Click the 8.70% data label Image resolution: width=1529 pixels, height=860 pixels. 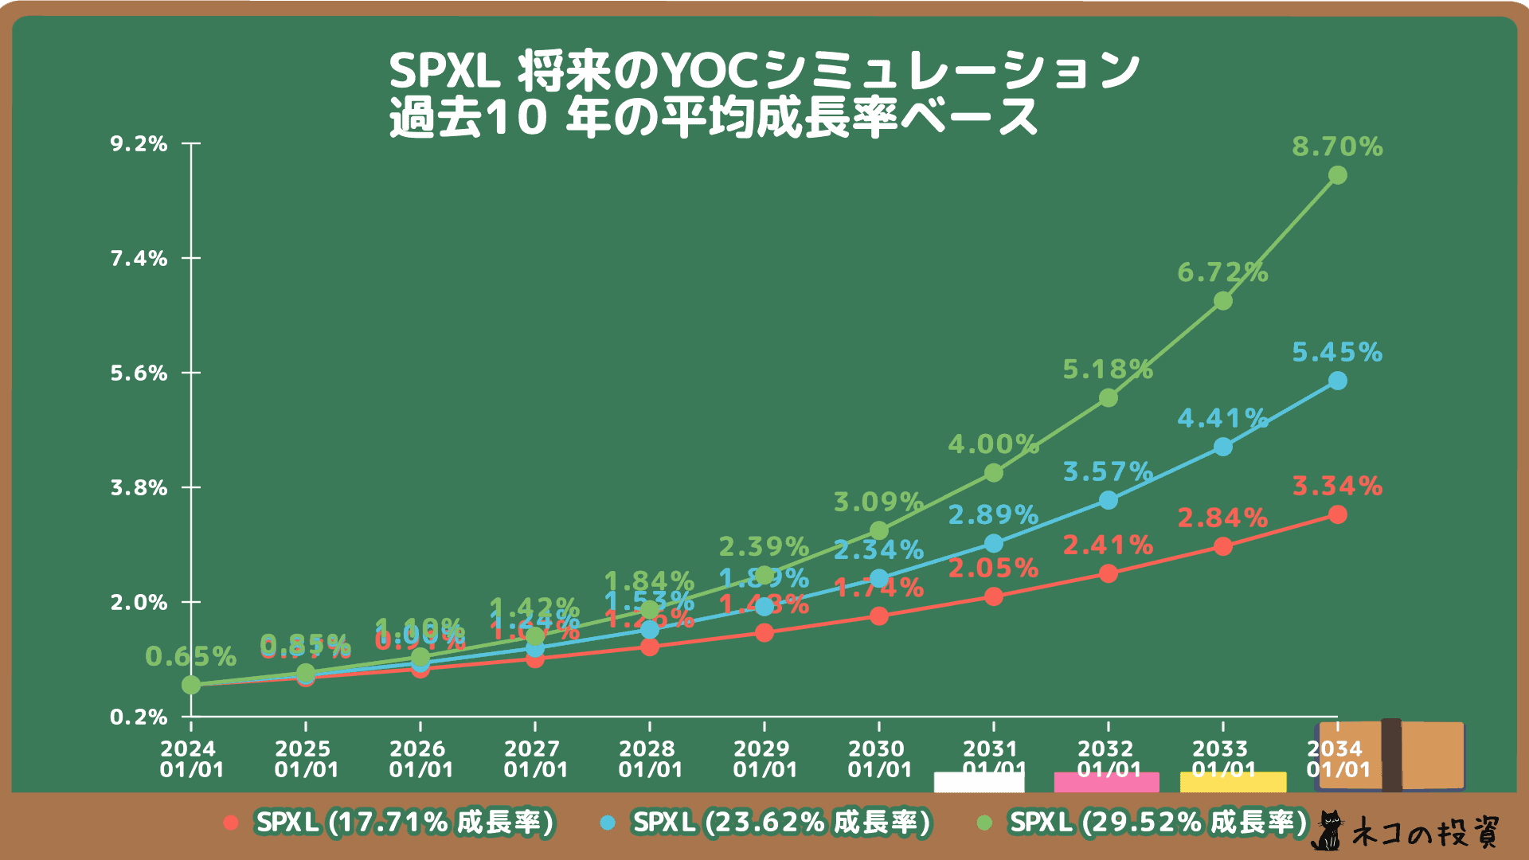[x=1337, y=147]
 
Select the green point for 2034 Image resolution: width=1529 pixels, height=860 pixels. [x=1338, y=175]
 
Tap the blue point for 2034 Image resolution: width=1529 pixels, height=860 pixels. [x=1338, y=381]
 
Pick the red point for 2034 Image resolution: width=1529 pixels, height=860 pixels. [x=1338, y=514]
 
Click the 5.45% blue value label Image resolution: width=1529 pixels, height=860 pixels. [x=1337, y=352]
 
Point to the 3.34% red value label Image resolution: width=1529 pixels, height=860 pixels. [x=1337, y=486]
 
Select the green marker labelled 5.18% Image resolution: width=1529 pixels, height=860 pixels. [x=1109, y=397]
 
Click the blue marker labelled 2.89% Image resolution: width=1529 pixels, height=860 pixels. [x=994, y=543]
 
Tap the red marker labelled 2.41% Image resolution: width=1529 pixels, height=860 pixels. [x=1109, y=573]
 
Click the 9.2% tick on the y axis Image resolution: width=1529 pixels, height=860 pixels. [x=139, y=144]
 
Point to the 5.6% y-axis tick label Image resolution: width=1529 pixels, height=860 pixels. [x=139, y=373]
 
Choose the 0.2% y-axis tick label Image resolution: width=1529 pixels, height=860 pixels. [x=139, y=717]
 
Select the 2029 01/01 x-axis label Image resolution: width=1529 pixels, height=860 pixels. [x=764, y=759]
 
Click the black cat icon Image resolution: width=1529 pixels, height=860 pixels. [x=1328, y=831]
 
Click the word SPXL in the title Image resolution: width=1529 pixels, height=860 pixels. [x=444, y=72]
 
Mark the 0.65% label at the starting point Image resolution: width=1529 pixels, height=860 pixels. [x=190, y=657]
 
